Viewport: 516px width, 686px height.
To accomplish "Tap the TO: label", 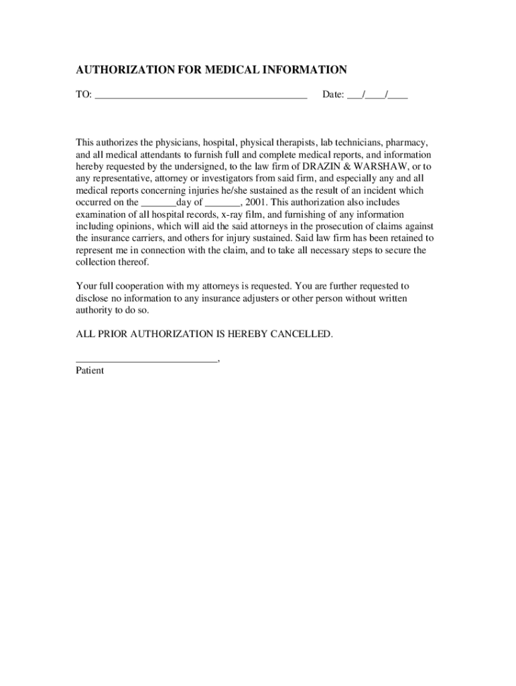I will click(x=84, y=95).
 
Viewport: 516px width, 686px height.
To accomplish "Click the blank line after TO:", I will click(x=201, y=96).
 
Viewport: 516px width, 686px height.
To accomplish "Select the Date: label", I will click(x=333, y=95).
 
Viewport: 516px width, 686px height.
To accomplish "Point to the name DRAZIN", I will click(x=324, y=167).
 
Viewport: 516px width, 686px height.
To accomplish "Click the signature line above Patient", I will click(x=147, y=360).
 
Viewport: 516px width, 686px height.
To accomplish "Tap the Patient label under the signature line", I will click(x=90, y=370).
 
